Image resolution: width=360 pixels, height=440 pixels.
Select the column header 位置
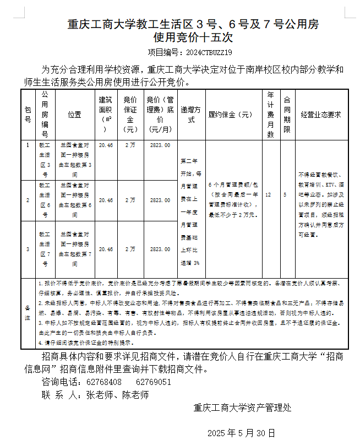[74, 115]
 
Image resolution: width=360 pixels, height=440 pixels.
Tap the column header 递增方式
[191, 115]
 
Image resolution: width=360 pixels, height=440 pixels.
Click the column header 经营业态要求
[320, 115]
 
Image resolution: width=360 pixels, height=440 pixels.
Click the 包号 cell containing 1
[28, 145]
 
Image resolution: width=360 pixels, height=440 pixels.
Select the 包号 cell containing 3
[28, 249]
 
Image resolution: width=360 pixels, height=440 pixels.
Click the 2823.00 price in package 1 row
[160, 145]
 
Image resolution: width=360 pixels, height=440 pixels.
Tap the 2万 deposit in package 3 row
[130, 249]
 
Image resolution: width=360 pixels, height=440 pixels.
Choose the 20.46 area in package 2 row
[106, 200]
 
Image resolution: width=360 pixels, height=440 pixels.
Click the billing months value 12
[269, 194]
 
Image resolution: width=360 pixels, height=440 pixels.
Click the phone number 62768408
[105, 382]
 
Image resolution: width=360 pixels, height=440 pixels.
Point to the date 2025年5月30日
[241, 432]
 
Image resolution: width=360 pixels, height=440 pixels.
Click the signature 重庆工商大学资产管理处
[242, 408]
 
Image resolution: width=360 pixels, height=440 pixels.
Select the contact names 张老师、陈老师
[117, 395]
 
